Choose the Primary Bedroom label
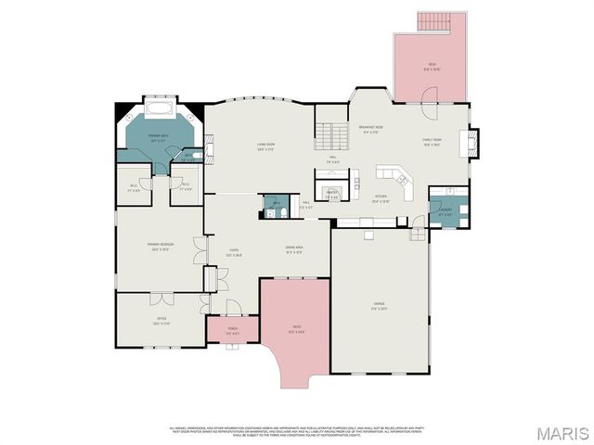point(160,246)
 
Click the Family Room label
point(433,143)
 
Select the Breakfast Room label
point(371,129)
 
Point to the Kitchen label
point(380,197)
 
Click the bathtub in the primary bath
point(156,108)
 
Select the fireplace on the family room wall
point(471,140)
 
